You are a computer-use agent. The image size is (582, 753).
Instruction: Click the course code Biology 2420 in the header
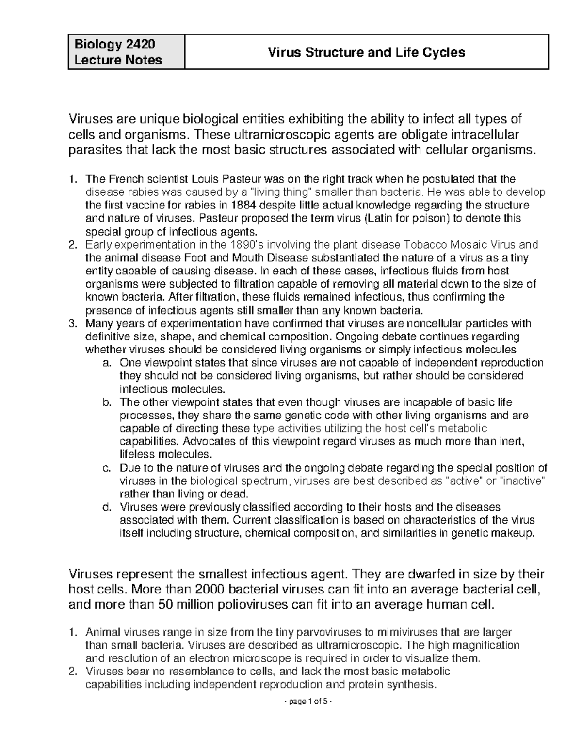(114, 45)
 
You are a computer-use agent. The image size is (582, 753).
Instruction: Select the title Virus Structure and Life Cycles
(367, 52)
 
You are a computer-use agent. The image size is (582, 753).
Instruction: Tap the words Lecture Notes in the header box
(118, 60)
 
